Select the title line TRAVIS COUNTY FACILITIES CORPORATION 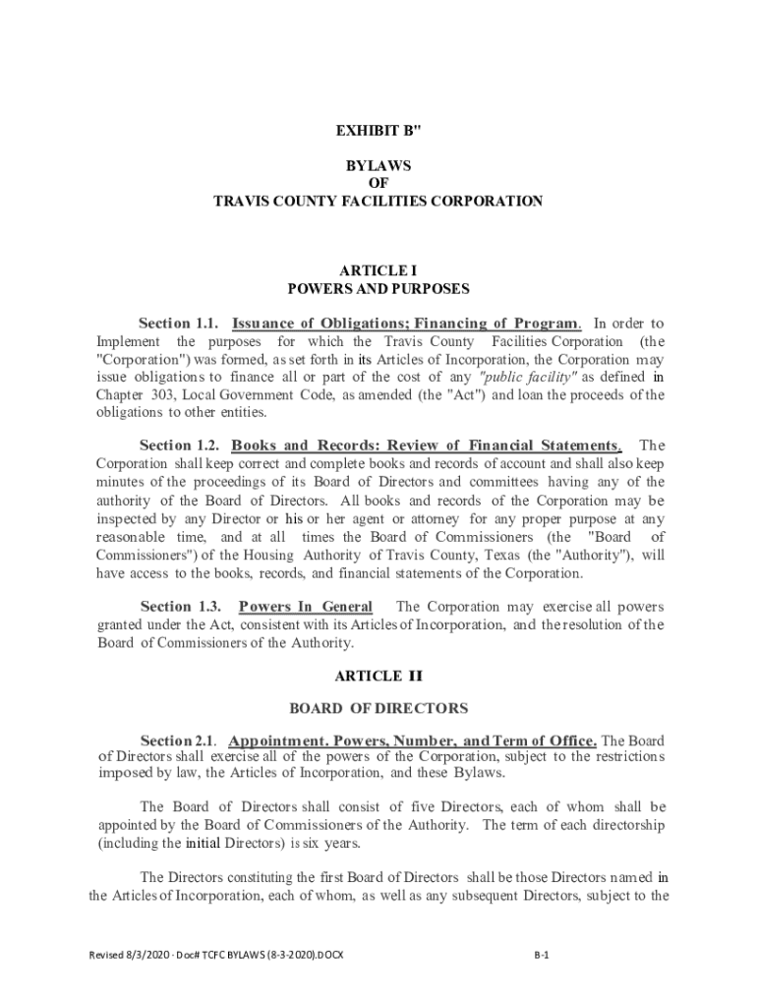[x=378, y=201]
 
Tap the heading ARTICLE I [x=378, y=270]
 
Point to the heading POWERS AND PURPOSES [x=378, y=289]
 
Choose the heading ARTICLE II [x=378, y=676]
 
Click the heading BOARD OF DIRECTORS [x=378, y=708]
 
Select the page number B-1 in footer [x=541, y=955]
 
